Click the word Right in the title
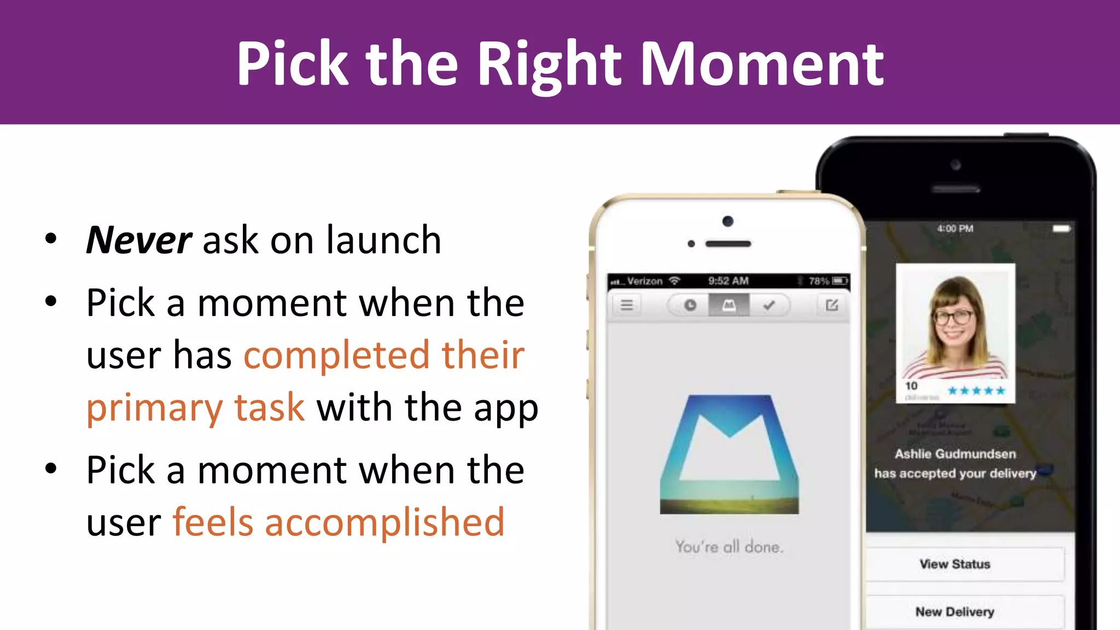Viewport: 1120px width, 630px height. [x=549, y=65]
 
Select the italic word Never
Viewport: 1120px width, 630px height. [x=139, y=240]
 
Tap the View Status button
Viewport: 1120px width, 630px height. [x=955, y=564]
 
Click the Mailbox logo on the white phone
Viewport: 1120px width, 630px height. [x=729, y=454]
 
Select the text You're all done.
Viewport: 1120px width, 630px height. [x=729, y=546]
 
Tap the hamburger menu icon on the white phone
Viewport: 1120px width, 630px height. [x=627, y=305]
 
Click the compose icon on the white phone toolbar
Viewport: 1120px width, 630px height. [x=832, y=305]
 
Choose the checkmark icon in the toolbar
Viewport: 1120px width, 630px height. [x=769, y=305]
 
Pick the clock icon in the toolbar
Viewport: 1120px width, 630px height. [x=690, y=305]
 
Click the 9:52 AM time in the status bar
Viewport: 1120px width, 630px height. [x=728, y=281]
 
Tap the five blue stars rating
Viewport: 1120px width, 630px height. [x=976, y=390]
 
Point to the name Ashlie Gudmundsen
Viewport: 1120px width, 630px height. [x=955, y=454]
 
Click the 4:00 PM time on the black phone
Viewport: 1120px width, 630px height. [x=955, y=229]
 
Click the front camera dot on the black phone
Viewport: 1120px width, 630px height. [x=955, y=165]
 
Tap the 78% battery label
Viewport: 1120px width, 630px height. [x=819, y=281]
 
